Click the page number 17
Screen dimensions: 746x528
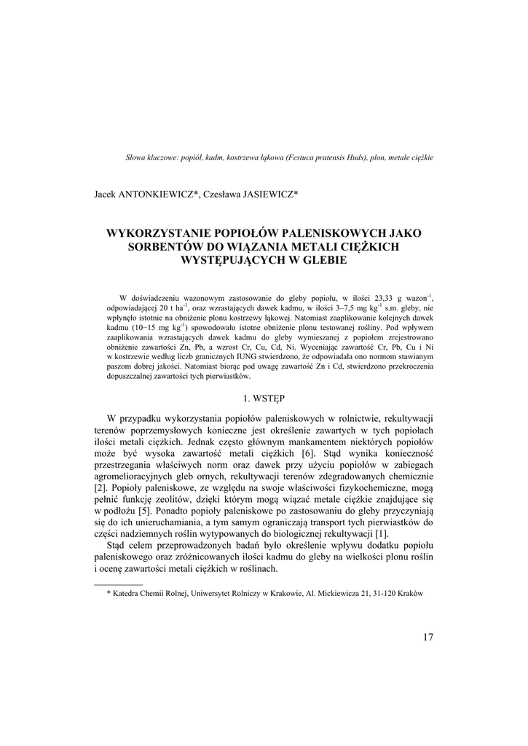point(427,637)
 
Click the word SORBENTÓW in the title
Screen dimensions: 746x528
point(166,247)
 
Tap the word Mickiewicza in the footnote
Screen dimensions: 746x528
point(334,593)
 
